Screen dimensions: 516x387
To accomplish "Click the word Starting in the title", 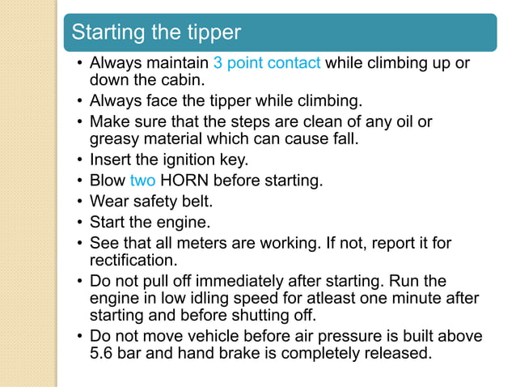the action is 108,33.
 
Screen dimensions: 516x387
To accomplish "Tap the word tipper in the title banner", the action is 214,33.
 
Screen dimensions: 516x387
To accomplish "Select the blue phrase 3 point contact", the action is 267,62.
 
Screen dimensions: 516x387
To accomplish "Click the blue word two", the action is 142,181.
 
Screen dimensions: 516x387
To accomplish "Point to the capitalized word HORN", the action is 184,181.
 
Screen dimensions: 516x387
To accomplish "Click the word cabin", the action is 186,80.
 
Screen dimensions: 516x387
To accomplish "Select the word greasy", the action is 114,139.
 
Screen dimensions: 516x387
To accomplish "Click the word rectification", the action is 133,260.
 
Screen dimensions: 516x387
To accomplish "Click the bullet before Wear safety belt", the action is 79,201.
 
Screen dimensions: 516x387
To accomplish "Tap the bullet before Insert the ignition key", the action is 79,159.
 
